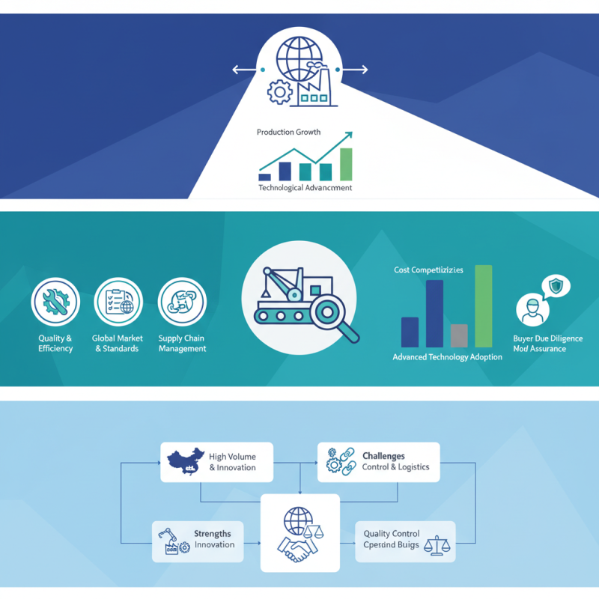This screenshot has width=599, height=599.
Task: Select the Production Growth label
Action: coord(288,132)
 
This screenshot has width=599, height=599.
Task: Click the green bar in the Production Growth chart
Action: coord(345,164)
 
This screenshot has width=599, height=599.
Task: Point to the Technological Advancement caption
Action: coord(305,188)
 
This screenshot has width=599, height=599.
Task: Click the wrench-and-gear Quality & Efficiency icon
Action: coord(55,302)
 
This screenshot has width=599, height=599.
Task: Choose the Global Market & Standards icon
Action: coord(118,302)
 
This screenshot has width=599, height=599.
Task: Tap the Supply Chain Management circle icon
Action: coord(182,302)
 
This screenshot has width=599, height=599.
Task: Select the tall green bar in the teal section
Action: coord(483,306)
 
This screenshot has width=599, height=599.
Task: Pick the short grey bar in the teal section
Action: coord(460,335)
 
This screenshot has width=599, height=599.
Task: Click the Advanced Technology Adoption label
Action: coord(447,357)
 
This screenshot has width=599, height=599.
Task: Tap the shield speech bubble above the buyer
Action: coord(555,286)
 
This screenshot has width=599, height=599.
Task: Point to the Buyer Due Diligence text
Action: coord(547,338)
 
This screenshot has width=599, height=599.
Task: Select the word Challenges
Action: coord(383,455)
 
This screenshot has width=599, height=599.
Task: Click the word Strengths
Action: coord(212,534)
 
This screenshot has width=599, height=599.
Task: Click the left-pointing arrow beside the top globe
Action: coord(242,70)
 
